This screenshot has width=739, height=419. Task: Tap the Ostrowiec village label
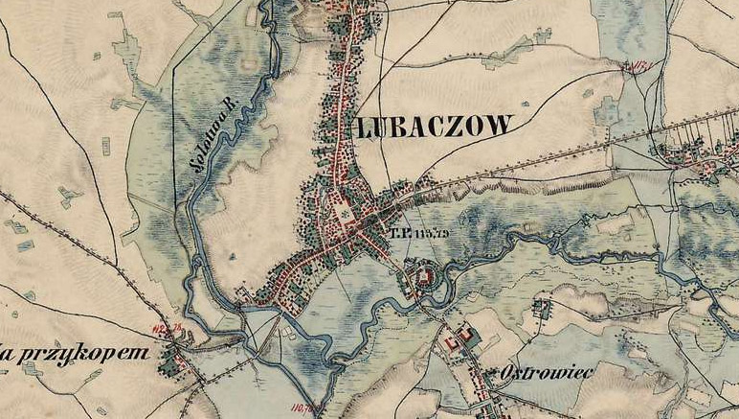(548, 372)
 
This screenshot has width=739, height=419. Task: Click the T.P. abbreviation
(399, 232)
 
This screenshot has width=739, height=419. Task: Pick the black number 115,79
(433, 232)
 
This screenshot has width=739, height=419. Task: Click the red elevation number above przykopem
(167, 332)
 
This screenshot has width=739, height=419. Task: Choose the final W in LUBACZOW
(501, 125)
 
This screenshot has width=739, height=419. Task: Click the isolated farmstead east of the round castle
(544, 308)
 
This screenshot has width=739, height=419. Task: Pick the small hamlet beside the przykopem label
(172, 361)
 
